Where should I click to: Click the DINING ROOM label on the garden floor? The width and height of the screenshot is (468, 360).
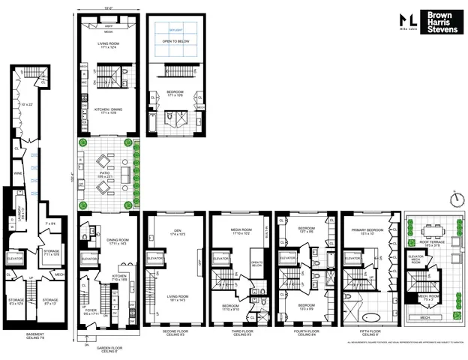[x=109, y=241]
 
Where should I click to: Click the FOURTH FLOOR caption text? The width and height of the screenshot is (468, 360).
[x=305, y=331]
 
